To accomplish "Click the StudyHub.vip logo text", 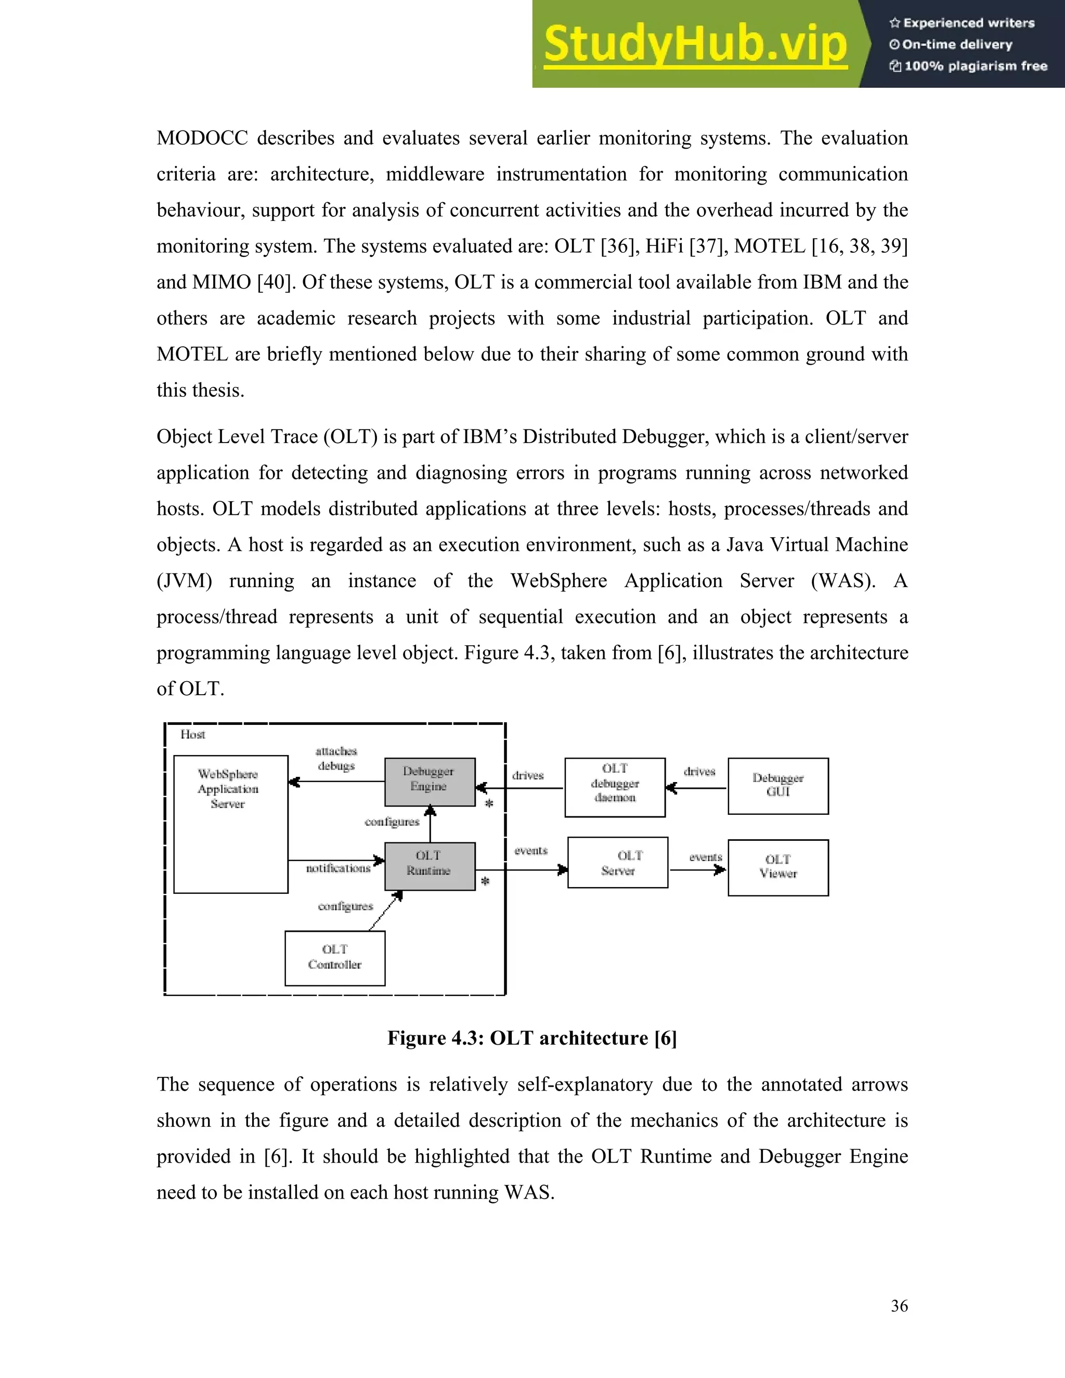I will coord(695,44).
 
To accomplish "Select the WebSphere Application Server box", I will coord(230,824).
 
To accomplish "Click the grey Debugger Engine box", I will coord(430,782).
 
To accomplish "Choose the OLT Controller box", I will coord(334,957).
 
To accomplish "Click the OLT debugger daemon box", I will coord(615,787).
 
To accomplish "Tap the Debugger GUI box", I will coord(777,786).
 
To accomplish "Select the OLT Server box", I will coord(618,863).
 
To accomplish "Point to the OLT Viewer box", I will coord(777,867).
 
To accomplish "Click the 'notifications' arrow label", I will coord(338,869).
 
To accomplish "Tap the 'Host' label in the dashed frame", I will coord(192,734).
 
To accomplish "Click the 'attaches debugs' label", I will coord(336,758).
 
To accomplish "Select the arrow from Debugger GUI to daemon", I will coord(696,788).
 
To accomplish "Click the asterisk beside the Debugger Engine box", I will coord(488,804).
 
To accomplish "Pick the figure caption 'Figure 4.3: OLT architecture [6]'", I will coord(532,1038).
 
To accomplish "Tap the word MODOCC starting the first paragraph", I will coord(202,138).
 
